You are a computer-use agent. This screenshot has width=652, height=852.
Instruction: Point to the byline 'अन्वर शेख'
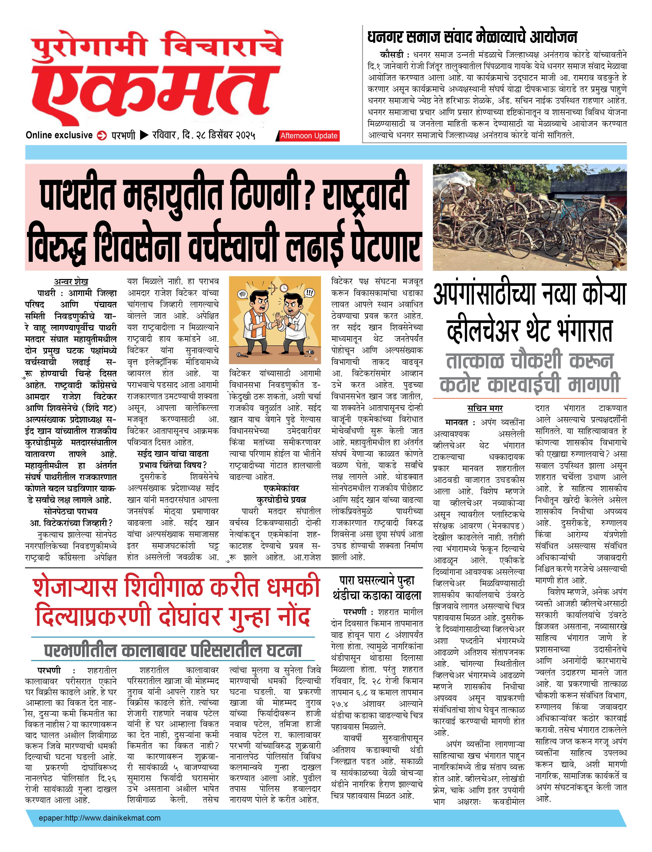point(71,282)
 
